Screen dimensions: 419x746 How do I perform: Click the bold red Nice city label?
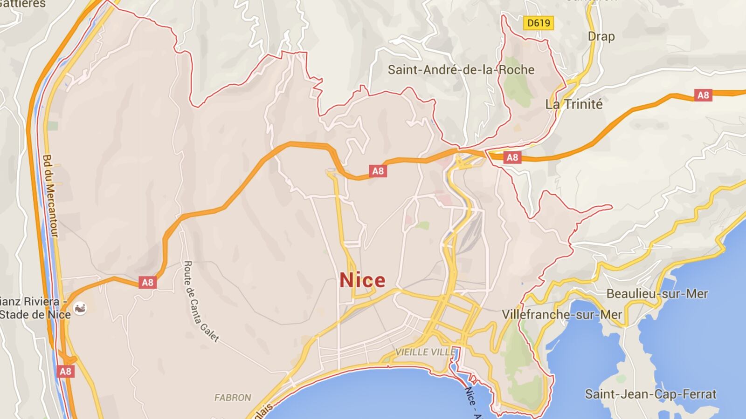point(362,280)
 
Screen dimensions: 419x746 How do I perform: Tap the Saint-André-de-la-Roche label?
point(461,70)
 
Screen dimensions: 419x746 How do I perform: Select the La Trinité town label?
point(574,104)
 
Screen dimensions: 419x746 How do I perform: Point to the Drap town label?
point(601,36)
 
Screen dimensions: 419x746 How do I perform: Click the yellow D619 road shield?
point(539,23)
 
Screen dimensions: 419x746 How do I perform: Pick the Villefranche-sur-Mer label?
point(562,315)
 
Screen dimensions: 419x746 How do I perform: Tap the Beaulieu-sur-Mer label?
point(657,294)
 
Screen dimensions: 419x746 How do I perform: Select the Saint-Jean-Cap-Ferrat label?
point(650,394)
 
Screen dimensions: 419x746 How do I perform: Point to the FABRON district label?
point(233,398)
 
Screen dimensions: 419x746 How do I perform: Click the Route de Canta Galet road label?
point(201,301)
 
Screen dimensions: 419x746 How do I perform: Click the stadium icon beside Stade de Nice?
point(80,308)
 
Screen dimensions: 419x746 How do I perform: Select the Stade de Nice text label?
point(35,314)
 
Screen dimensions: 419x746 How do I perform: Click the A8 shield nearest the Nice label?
point(378,171)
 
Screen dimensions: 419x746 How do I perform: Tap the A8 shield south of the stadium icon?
point(65,371)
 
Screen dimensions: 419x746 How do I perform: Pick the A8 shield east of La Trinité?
point(703,95)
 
